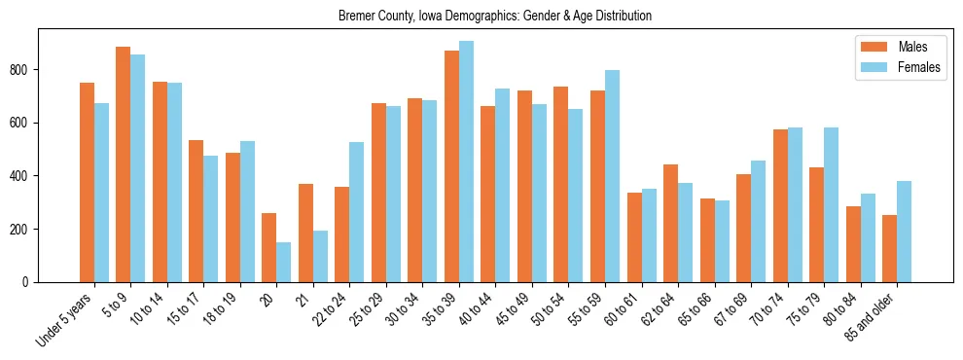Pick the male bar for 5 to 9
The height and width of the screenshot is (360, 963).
[x=124, y=164]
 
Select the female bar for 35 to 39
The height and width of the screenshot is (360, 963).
[x=466, y=162]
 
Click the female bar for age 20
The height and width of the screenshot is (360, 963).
[x=284, y=263]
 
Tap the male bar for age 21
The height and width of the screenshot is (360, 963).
[x=305, y=234]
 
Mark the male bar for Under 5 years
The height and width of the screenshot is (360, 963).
[x=87, y=183]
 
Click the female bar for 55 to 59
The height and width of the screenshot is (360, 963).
[x=612, y=176]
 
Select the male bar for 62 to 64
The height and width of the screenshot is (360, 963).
[x=670, y=224]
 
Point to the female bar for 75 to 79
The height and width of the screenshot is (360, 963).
[x=831, y=205]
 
